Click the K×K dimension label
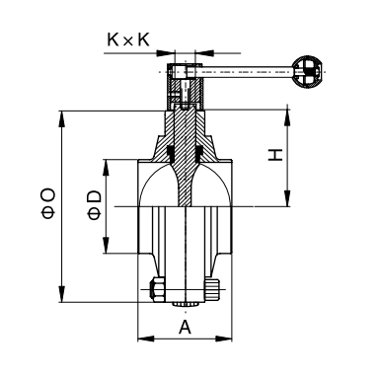pyautogui.click(x=128, y=39)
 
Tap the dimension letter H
pyautogui.click(x=275, y=155)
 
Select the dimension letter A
pyautogui.click(x=185, y=327)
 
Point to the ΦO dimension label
pyautogui.click(x=48, y=203)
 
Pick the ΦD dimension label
pyautogui.click(x=95, y=205)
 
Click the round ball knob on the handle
pyautogui.click(x=308, y=72)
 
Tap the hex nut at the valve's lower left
pyautogui.click(x=157, y=289)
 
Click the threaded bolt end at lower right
pyautogui.click(x=212, y=289)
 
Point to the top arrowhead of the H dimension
pyautogui.click(x=288, y=117)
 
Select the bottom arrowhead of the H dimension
pyautogui.click(x=288, y=198)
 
